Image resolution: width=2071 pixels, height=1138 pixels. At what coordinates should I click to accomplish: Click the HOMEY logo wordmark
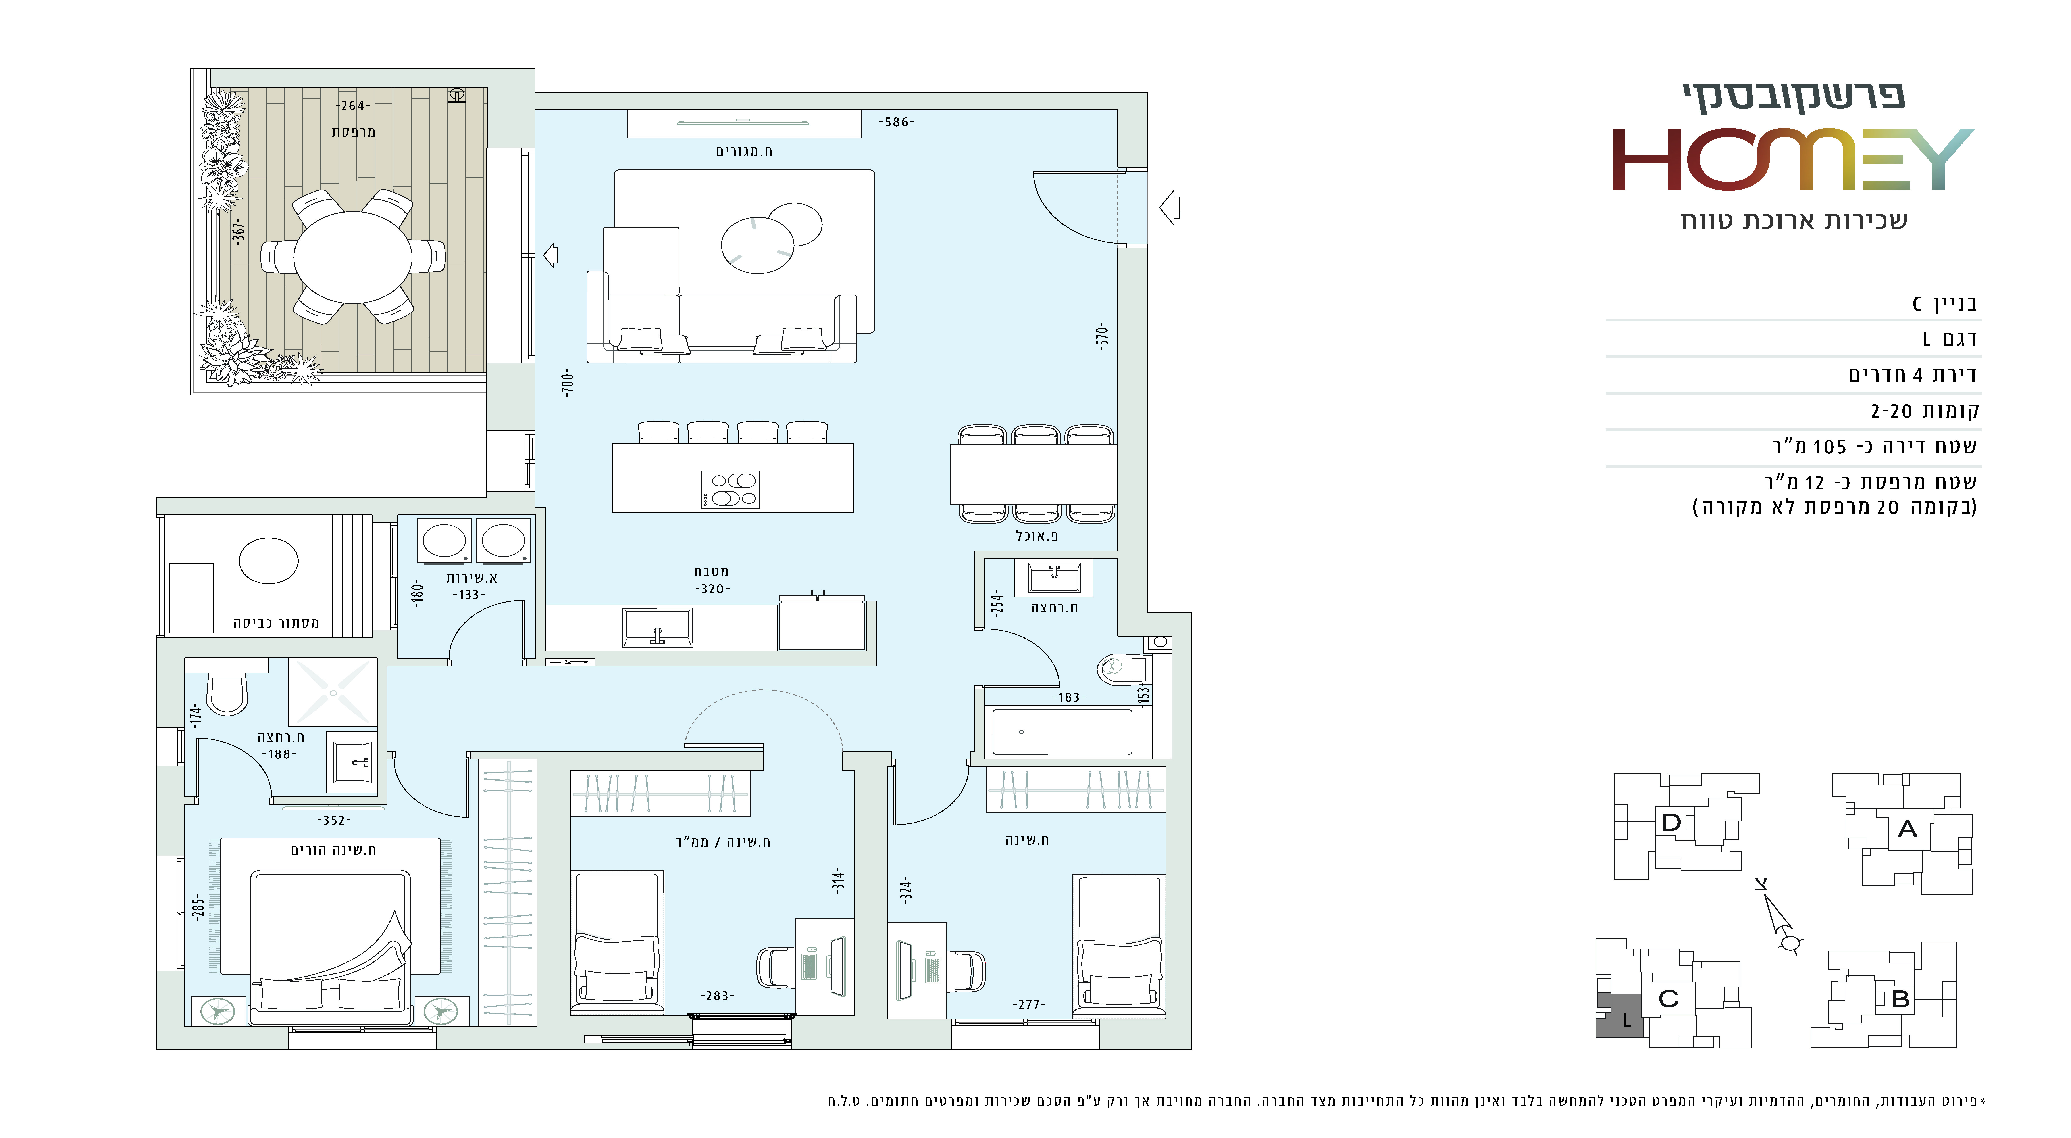1793,159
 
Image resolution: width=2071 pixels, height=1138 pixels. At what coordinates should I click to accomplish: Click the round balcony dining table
353,257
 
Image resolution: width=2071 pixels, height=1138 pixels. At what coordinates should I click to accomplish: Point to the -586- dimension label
896,122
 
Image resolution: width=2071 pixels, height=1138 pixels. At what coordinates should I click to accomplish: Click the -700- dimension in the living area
568,383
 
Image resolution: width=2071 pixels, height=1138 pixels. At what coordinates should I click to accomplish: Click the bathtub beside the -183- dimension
1062,731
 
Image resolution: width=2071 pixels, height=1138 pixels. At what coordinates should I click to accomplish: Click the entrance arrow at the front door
1170,207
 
